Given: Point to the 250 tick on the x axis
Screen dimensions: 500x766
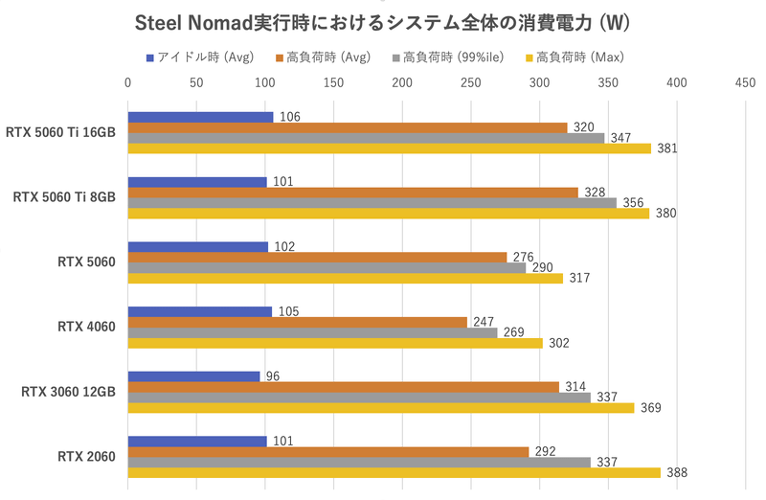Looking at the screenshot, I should point(470,83).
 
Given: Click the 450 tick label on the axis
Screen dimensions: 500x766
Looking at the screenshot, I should point(744,83).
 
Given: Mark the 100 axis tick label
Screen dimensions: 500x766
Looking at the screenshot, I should point(265,83).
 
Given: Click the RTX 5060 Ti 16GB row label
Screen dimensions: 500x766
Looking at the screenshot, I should point(61,132).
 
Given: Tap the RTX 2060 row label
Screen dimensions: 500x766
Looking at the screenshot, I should point(87,457).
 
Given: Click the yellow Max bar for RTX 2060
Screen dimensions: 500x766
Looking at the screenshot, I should point(394,472).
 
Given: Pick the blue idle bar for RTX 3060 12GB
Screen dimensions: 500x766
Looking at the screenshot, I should point(193,376).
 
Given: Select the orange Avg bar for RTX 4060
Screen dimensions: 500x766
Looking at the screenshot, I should point(297,322).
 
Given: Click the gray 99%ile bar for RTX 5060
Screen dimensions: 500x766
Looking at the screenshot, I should point(327,267).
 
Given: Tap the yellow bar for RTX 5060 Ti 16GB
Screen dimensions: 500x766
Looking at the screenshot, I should point(389,148).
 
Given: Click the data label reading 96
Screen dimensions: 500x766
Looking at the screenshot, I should point(273,376).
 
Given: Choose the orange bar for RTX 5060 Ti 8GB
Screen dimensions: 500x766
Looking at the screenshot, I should point(352,193).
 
